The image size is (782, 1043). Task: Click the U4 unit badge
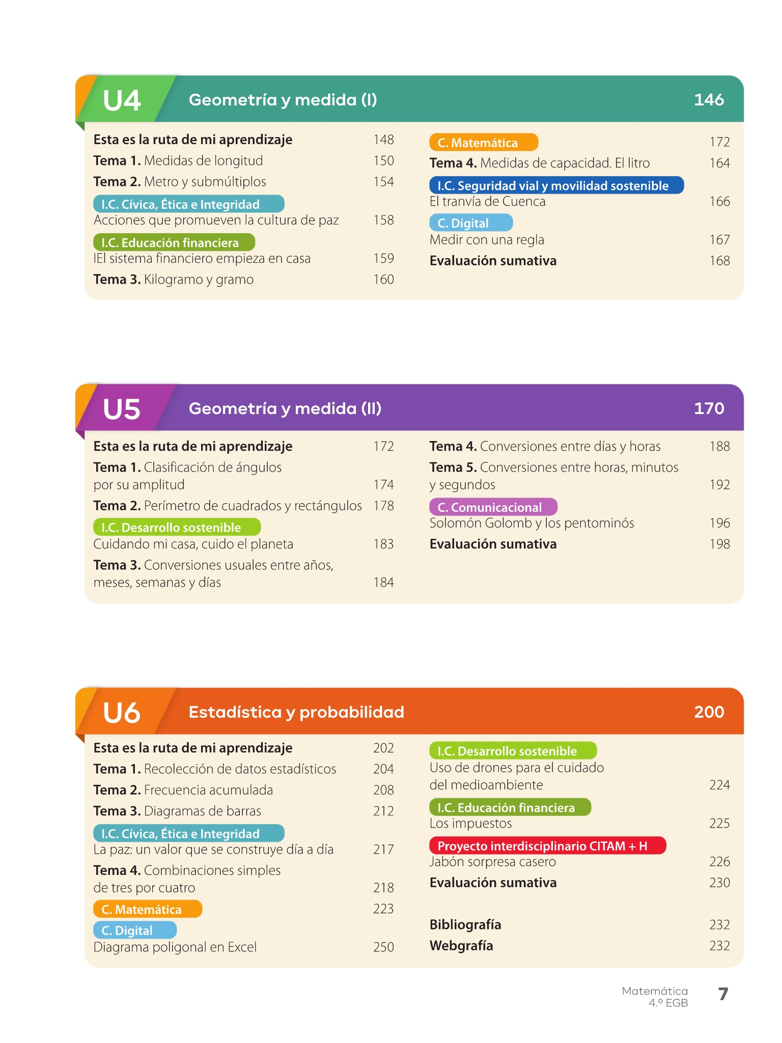122,100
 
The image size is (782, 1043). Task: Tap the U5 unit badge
122,408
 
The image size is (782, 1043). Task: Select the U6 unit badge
122,712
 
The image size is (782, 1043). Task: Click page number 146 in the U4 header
709,100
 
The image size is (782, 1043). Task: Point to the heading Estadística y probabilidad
296,712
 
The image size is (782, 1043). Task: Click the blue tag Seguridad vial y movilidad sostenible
556,185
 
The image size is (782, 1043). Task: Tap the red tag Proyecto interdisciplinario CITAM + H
547,846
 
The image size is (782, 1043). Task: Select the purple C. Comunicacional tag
493,507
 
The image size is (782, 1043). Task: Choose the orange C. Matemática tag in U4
483,143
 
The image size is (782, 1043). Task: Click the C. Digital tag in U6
135,930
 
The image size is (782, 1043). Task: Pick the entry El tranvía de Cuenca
487,202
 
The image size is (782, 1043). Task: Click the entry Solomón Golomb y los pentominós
532,523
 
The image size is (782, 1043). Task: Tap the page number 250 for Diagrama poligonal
383,947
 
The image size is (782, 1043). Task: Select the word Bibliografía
465,924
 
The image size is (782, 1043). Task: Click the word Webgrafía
461,946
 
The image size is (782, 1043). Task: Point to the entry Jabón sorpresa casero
492,862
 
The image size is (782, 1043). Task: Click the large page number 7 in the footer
723,994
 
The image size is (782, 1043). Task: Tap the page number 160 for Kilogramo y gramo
383,280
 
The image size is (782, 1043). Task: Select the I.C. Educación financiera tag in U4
174,242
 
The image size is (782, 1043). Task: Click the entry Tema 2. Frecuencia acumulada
183,790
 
